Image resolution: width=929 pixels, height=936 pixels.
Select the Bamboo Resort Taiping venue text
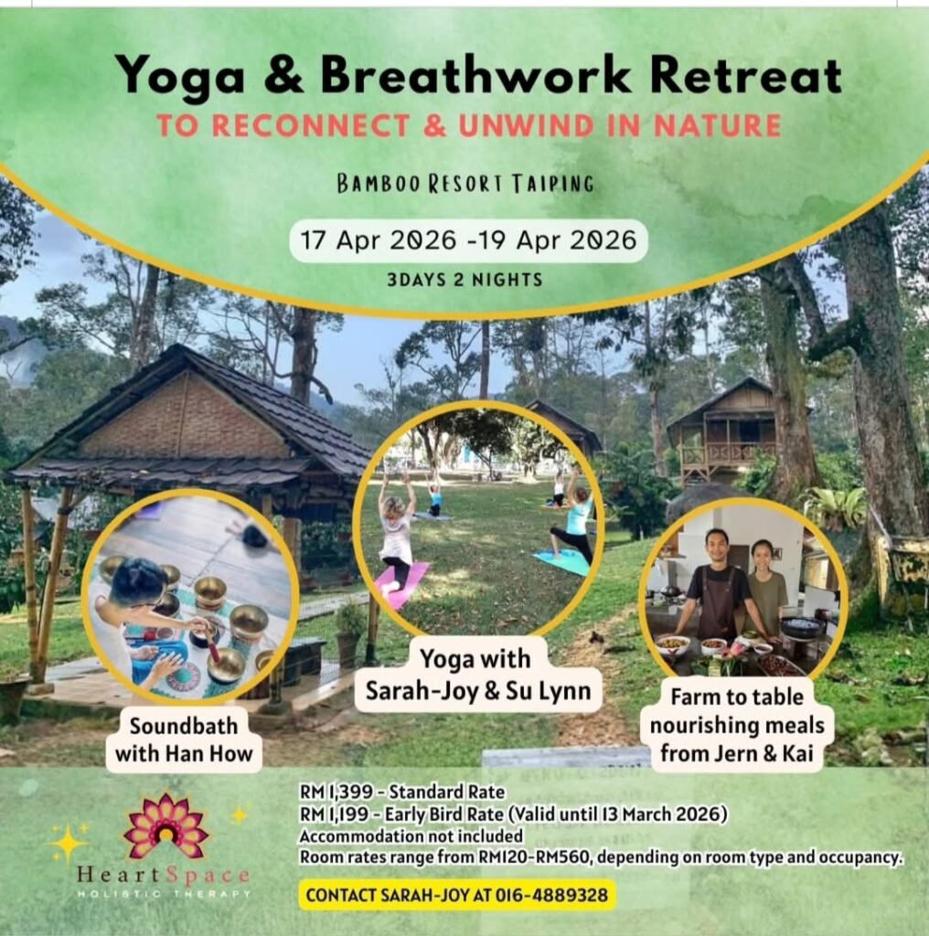tap(464, 184)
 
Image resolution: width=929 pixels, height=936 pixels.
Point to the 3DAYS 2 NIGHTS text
tap(464, 280)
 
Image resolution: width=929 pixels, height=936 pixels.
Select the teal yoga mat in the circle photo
tap(562, 560)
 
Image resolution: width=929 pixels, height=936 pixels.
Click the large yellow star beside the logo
tap(68, 841)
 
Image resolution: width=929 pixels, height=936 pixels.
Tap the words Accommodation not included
tap(411, 835)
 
